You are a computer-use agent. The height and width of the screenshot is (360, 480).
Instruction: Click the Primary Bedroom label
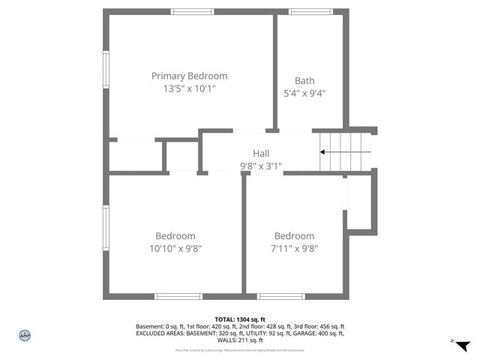[x=189, y=76]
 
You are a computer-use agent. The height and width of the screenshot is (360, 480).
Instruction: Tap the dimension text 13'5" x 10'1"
[x=189, y=88]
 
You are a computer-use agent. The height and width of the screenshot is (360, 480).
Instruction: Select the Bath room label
[x=304, y=81]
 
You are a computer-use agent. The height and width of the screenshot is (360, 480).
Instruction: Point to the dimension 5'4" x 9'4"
[x=304, y=94]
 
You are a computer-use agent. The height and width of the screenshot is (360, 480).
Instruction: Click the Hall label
[x=260, y=154]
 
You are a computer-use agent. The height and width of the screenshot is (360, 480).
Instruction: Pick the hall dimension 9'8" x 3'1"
[x=260, y=166]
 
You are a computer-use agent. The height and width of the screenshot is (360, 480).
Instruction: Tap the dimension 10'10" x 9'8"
[x=175, y=248]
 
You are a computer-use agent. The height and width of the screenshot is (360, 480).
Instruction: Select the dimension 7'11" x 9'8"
[x=294, y=248]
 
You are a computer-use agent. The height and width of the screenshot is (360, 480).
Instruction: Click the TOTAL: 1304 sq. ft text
[x=240, y=319]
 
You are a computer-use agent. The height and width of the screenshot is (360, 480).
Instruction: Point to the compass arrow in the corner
[x=463, y=345]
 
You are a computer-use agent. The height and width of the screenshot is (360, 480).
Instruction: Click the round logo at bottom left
[x=24, y=335]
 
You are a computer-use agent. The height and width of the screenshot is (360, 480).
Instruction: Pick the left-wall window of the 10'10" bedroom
[x=106, y=229]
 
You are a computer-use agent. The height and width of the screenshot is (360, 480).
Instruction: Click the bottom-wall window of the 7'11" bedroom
[x=281, y=296]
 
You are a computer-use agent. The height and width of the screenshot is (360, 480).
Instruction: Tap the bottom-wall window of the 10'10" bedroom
[x=178, y=296]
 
